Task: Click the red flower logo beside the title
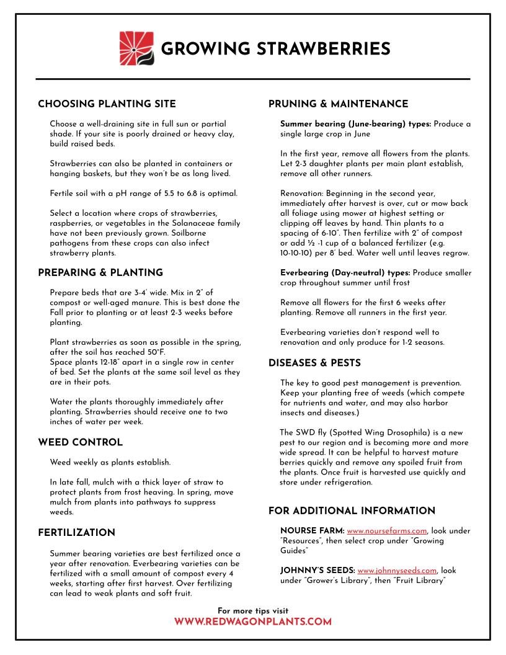click(136, 48)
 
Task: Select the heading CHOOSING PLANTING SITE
click(107, 104)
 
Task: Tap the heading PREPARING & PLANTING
click(100, 273)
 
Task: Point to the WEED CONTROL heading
click(80, 443)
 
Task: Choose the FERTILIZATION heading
click(76, 533)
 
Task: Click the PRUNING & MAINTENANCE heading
click(338, 104)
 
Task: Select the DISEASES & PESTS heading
click(314, 363)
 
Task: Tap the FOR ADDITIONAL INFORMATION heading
click(352, 511)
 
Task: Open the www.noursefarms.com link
click(386, 531)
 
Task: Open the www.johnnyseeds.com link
click(397, 571)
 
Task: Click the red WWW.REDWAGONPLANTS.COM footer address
click(253, 622)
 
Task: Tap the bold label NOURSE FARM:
click(312, 531)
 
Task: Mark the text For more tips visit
click(253, 611)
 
